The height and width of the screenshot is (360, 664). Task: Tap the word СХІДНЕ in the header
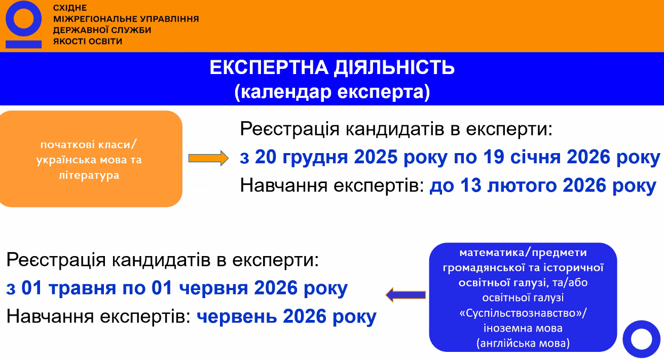(70, 8)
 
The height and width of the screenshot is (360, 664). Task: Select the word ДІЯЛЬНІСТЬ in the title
(394, 67)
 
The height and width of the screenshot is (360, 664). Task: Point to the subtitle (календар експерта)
(332, 92)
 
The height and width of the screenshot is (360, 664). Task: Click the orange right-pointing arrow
(208, 158)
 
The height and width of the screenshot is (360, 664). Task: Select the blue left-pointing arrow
(405, 295)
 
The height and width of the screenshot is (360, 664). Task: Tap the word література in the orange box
(89, 175)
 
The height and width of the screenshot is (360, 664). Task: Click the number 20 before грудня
(266, 157)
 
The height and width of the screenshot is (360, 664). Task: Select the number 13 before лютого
(471, 186)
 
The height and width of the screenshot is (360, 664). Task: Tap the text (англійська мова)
(523, 343)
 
